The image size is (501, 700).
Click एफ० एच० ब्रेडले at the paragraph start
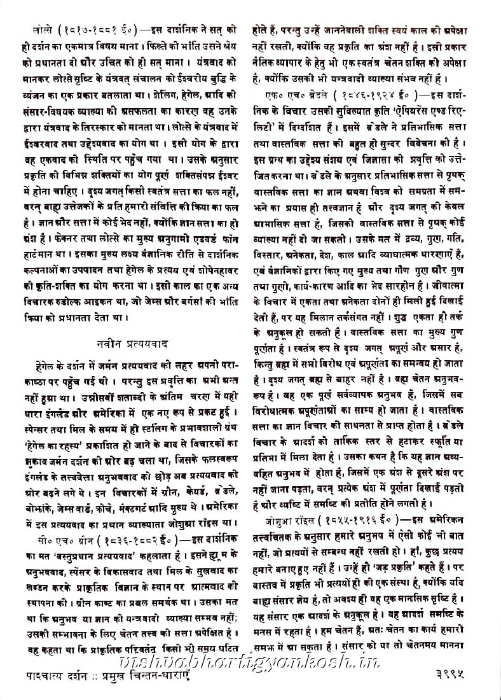point(300,94)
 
